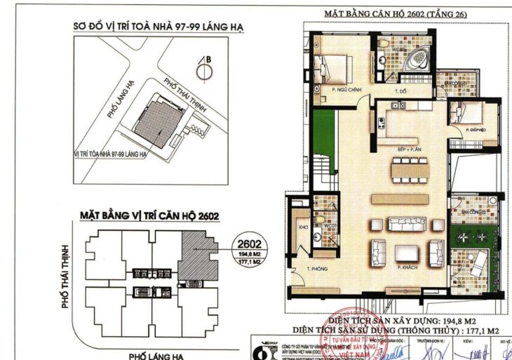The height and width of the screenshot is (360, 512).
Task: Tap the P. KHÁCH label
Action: pos(407,268)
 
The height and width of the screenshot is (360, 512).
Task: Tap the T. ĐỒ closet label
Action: pos(400,92)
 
